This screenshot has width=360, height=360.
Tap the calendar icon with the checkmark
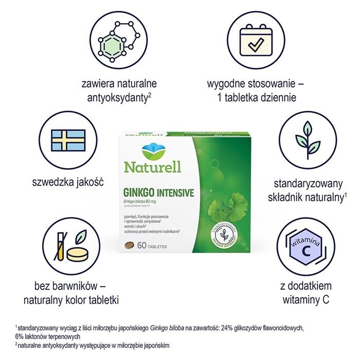point(255,40)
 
